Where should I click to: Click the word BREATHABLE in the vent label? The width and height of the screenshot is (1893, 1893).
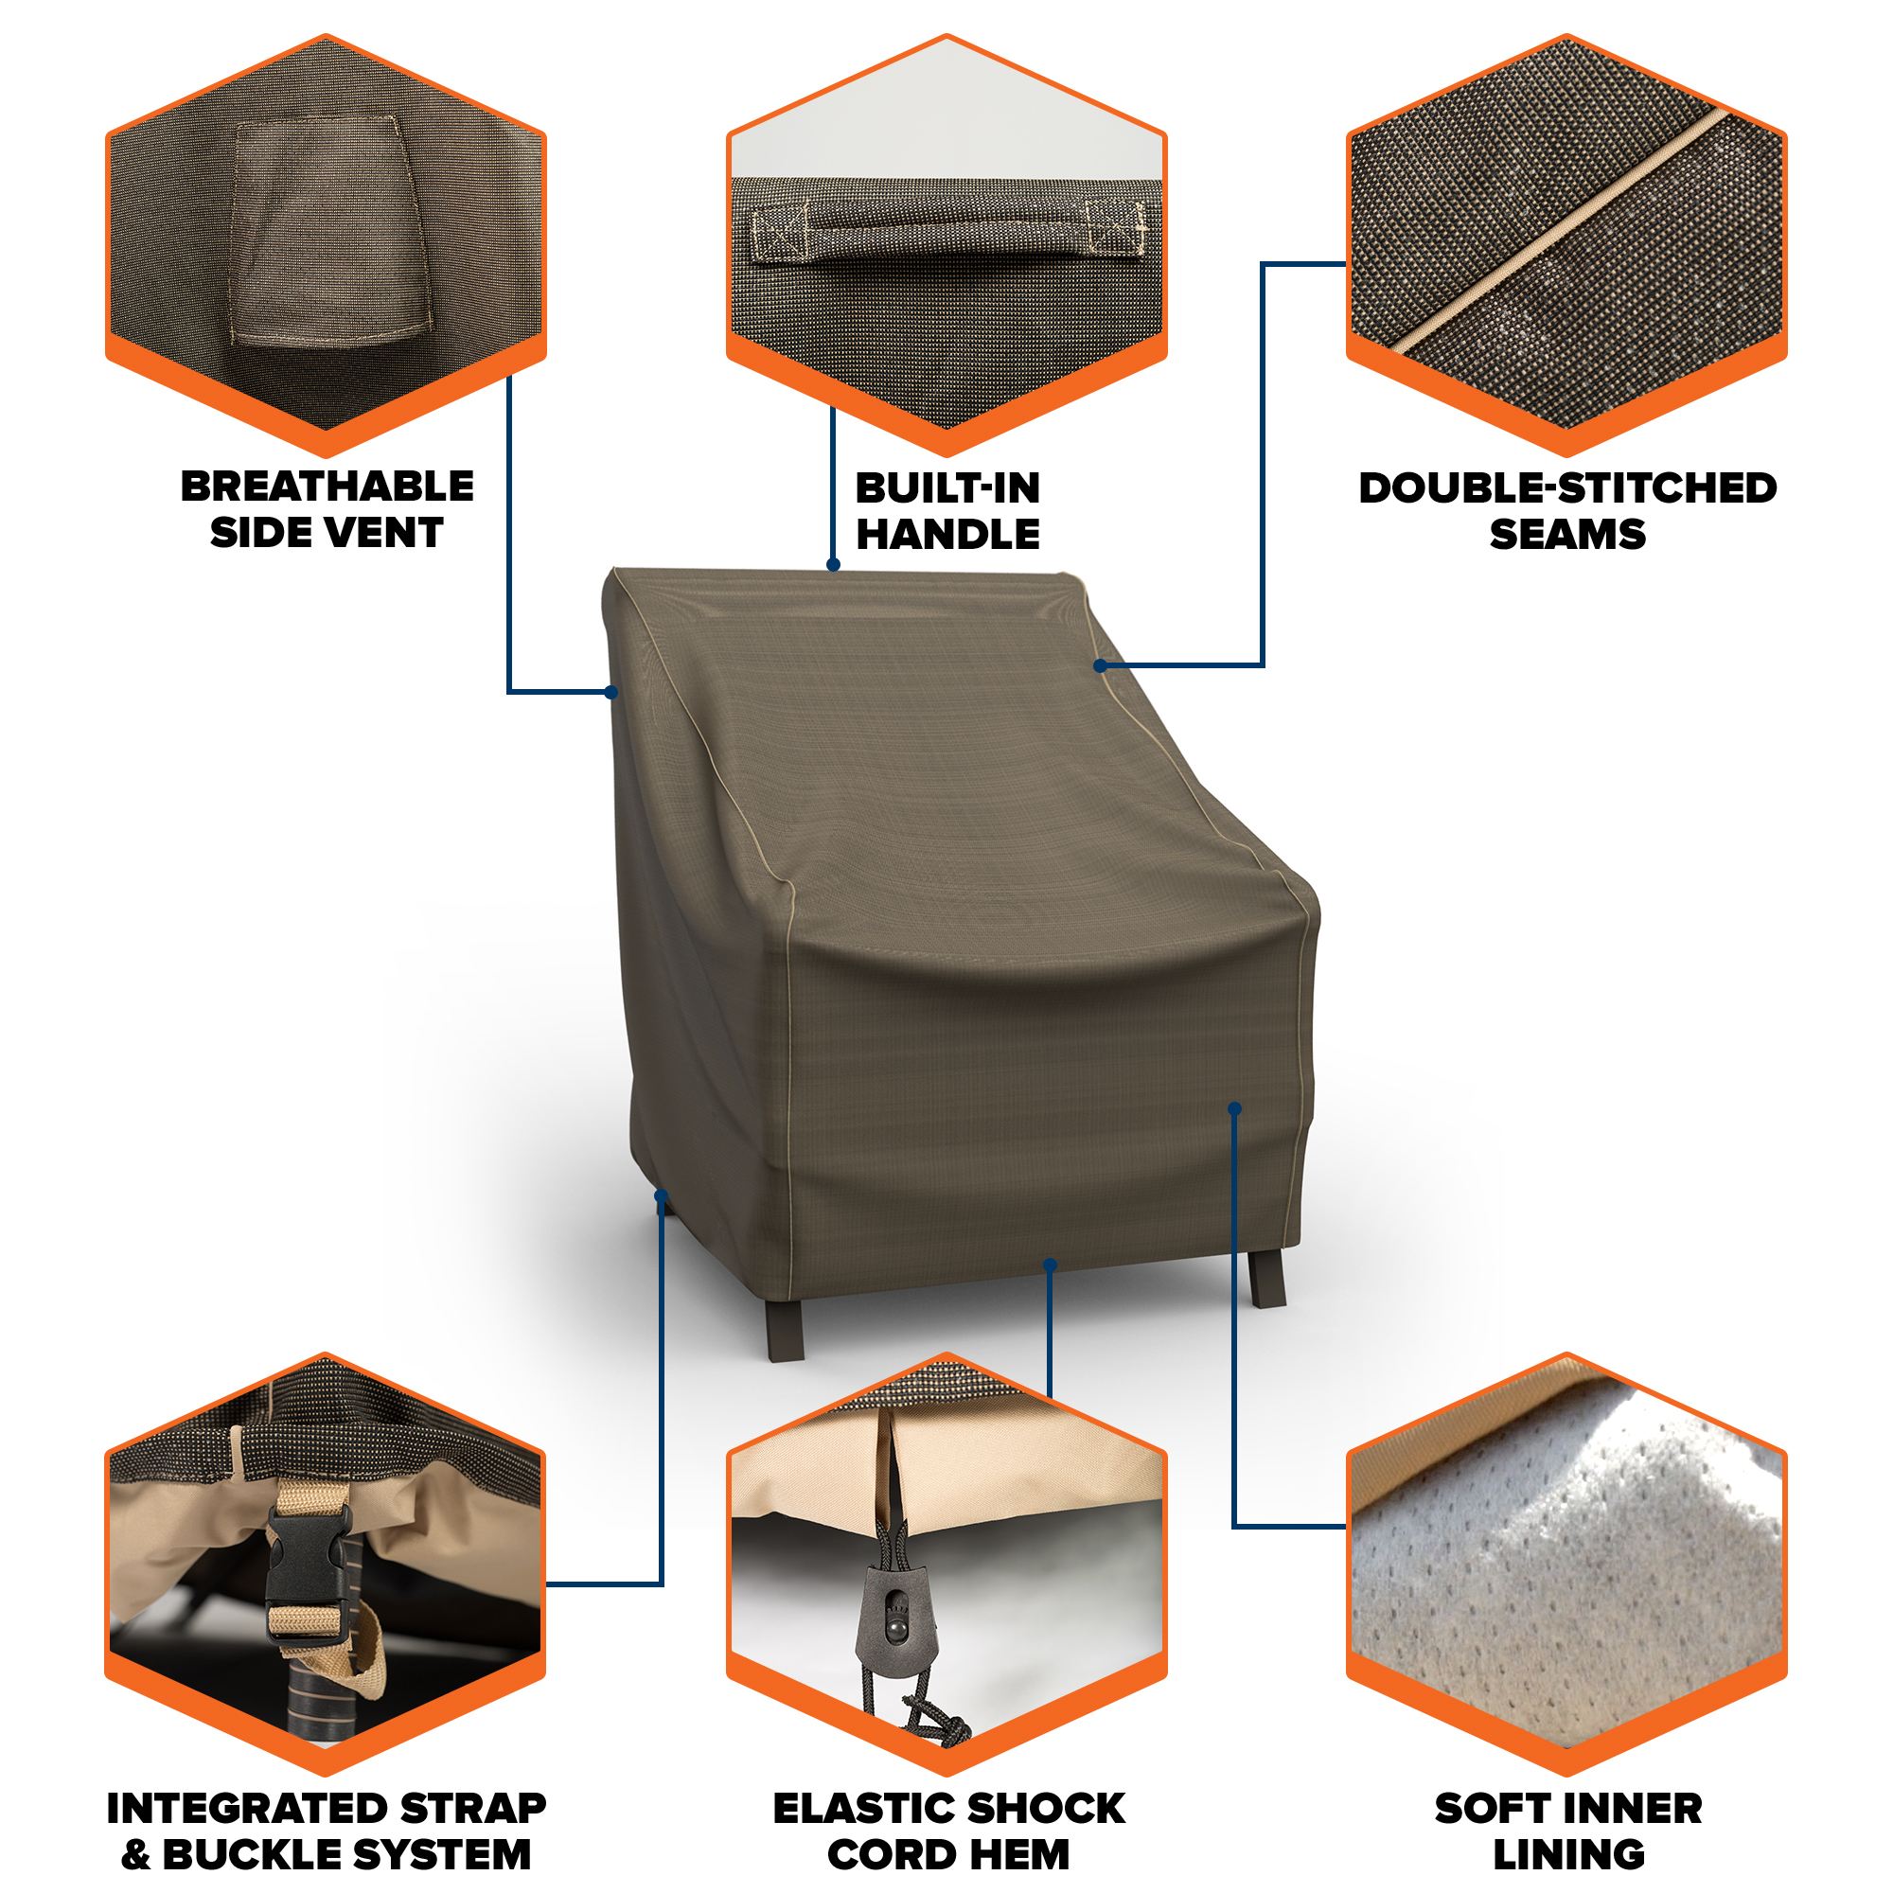tap(327, 486)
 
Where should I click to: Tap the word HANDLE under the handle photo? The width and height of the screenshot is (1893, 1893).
tap(947, 534)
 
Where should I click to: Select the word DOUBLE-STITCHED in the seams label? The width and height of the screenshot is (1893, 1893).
tap(1566, 488)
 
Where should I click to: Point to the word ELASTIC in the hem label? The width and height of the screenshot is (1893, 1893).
tap(862, 1808)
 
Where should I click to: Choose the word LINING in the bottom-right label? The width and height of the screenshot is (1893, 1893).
tap(1567, 1854)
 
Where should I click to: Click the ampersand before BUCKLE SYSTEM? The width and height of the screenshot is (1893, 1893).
tap(136, 1854)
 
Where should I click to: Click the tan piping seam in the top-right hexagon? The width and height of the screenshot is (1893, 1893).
tap(1563, 229)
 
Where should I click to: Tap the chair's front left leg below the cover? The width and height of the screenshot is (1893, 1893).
tap(785, 1329)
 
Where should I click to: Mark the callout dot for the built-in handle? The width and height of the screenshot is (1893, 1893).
tap(833, 564)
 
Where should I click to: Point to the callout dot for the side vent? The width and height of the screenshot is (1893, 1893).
tap(611, 693)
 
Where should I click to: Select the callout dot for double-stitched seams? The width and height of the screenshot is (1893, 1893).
tap(1101, 666)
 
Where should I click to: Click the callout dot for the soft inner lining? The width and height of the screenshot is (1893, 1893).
tap(1234, 1109)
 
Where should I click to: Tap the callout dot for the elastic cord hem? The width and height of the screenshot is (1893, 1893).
tap(1051, 1265)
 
